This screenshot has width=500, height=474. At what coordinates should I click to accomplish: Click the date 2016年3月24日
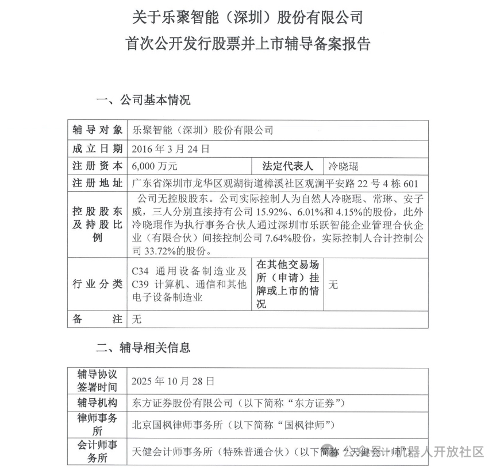pyautogui.click(x=171, y=149)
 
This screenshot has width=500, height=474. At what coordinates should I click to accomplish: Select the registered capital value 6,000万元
pyautogui.click(x=155, y=166)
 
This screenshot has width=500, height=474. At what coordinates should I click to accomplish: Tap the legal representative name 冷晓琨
pyautogui.click(x=343, y=166)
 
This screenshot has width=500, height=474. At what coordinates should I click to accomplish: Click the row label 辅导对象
pyautogui.click(x=97, y=130)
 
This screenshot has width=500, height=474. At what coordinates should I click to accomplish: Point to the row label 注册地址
pyautogui.click(x=97, y=184)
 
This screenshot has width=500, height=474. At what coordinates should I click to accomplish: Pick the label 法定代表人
pyautogui.click(x=287, y=166)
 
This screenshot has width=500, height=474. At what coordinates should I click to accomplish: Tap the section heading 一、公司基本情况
pyautogui.click(x=143, y=100)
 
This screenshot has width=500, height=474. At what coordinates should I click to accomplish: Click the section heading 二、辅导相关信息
pyautogui.click(x=143, y=347)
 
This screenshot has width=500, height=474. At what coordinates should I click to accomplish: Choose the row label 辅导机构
pyautogui.click(x=97, y=402)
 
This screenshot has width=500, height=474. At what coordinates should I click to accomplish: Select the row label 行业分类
pyautogui.click(x=97, y=284)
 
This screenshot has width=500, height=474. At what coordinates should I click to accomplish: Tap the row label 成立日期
pyautogui.click(x=97, y=149)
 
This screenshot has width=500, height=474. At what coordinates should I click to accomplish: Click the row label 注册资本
pyautogui.click(x=97, y=166)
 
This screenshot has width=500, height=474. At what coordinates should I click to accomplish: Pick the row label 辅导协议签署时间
pyautogui.click(x=97, y=380)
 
